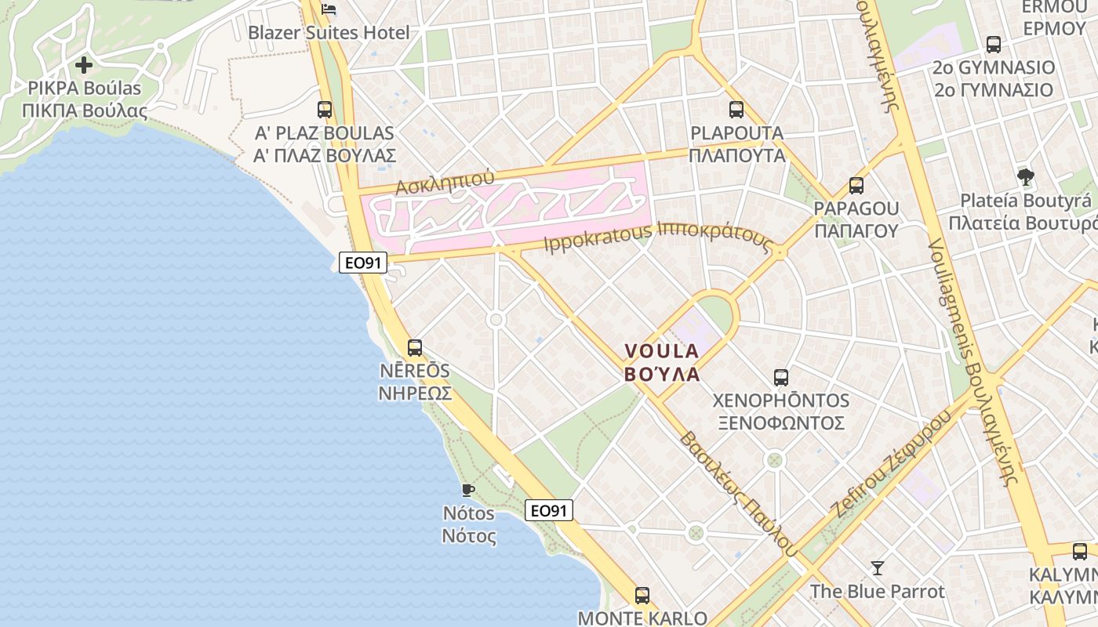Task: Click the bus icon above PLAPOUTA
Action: (736, 110)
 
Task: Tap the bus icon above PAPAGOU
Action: (856, 186)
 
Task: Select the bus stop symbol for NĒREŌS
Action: (415, 347)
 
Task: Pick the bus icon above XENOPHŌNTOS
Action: (781, 378)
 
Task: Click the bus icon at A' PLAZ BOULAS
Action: (325, 110)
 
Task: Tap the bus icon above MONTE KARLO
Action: (642, 596)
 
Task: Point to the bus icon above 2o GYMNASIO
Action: (994, 45)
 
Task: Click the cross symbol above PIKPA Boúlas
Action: (84, 64)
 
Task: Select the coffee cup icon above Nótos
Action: (468, 491)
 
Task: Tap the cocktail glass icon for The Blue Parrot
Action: (877, 567)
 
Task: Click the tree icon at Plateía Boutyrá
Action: (1025, 177)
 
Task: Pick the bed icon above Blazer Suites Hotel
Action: (329, 9)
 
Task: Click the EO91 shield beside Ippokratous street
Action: (363, 263)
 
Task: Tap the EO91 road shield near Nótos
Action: (549, 511)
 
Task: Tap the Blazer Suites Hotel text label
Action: (329, 33)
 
